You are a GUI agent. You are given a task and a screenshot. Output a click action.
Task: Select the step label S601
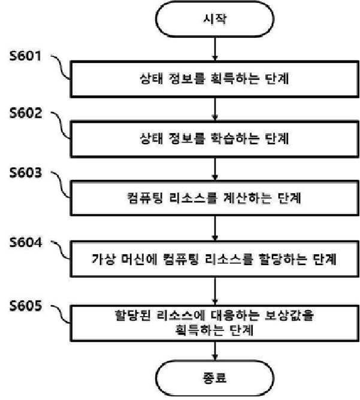coord(25,56)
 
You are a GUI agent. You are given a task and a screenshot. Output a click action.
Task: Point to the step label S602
coord(26,113)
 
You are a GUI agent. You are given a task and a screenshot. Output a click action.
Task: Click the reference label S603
coord(26,173)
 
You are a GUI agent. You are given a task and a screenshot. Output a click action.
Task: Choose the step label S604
coord(26,242)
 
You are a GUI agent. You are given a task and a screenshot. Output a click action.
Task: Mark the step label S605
coord(26,306)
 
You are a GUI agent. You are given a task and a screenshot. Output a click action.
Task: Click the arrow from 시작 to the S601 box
coord(215,49)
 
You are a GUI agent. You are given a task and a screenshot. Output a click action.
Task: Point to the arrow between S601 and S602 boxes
coord(215,109)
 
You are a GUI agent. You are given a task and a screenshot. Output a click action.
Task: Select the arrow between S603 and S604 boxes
coord(215,228)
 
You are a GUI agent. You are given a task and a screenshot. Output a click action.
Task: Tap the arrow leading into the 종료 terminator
coord(215,351)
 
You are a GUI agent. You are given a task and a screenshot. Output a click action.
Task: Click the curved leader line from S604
coord(60,250)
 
